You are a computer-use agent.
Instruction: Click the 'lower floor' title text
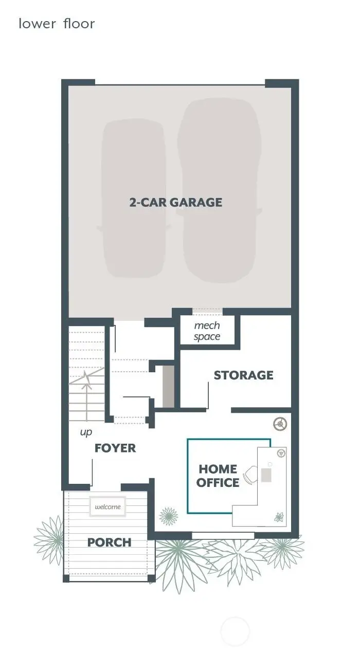[57, 24]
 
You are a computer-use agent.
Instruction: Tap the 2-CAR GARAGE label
[176, 202]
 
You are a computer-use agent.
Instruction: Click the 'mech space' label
[207, 331]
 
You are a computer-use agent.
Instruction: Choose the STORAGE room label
[243, 375]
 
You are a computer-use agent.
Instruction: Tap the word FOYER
[115, 448]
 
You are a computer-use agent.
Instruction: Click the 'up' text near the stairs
[86, 432]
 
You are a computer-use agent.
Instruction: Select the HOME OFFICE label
[218, 476]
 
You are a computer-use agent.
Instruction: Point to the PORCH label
[109, 542]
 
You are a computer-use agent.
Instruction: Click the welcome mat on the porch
[108, 506]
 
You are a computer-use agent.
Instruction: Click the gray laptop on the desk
[266, 475]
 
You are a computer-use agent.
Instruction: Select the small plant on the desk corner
[279, 517]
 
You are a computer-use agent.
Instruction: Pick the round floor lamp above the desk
[280, 424]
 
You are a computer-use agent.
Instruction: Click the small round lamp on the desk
[281, 453]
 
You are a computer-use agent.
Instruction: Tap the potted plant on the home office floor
[168, 516]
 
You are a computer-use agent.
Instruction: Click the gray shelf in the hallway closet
[168, 386]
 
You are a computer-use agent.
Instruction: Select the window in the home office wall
[223, 536]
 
